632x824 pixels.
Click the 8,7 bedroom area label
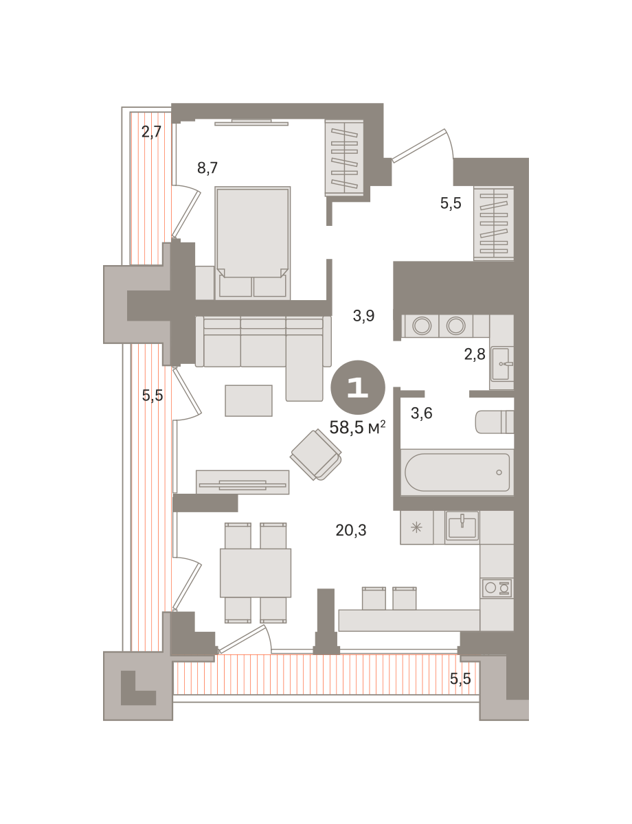point(207,168)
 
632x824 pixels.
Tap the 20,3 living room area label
point(350,530)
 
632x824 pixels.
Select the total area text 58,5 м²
point(357,427)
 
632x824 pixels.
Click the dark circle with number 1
point(358,387)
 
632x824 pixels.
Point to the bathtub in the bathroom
point(457,472)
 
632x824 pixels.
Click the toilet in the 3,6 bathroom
point(495,422)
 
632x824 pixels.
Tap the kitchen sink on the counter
point(462,525)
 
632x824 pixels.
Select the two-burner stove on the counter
point(497,588)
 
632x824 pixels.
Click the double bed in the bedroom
point(252,242)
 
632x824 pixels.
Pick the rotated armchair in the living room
point(315,455)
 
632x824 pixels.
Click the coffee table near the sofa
point(249,401)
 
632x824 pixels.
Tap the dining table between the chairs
point(256,573)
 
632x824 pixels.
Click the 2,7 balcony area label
point(151,132)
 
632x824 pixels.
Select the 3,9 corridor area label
point(363,315)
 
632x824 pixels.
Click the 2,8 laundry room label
point(475,354)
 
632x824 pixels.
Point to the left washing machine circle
point(422,325)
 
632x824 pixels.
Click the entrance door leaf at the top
point(418,146)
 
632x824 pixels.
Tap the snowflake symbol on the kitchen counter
point(416,527)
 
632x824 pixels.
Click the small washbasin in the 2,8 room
point(502,365)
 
